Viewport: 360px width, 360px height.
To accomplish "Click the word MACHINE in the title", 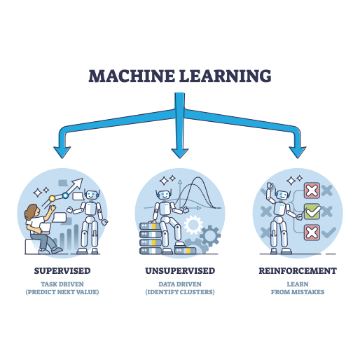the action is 132,76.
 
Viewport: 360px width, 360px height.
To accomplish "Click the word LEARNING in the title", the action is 226,76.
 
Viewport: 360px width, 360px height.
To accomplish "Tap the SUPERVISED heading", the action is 62,271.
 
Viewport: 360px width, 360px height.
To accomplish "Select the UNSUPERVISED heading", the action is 180,271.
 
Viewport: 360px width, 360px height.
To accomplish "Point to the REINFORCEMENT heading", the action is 298,271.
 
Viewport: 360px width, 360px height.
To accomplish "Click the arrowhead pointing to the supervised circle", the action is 62,152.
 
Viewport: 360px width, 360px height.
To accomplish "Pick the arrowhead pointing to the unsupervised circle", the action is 180,153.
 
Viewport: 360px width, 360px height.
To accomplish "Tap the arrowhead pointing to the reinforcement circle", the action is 298,152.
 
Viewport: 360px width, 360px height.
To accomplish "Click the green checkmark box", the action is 312,212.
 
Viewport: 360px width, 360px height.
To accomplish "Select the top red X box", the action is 312,191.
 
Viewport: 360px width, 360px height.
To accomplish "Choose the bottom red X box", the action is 312,233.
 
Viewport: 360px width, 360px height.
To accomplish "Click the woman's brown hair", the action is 32,212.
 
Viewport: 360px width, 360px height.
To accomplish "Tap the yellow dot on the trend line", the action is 52,199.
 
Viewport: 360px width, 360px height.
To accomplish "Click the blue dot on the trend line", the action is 65,195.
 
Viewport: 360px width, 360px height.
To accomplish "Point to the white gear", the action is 193,225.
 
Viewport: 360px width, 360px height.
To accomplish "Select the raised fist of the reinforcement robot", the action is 270,186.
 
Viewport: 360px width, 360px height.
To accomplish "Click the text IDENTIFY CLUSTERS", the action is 180,292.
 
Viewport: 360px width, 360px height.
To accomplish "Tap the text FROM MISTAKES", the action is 298,292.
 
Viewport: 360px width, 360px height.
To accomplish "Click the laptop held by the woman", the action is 44,228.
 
